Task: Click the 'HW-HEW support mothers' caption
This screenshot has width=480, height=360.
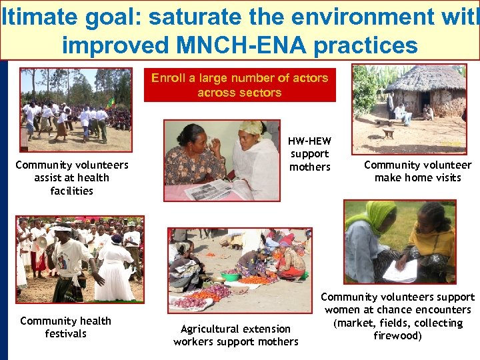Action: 309,154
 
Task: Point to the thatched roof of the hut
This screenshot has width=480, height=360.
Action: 426,80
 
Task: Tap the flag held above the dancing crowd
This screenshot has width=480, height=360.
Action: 112,102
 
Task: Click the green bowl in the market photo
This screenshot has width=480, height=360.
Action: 230,276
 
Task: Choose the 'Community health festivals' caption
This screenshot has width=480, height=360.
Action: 65,327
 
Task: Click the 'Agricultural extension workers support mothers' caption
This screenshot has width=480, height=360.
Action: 236,335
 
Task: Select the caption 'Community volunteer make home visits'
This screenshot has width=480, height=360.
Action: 417,171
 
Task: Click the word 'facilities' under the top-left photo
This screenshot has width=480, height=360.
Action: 71,191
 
